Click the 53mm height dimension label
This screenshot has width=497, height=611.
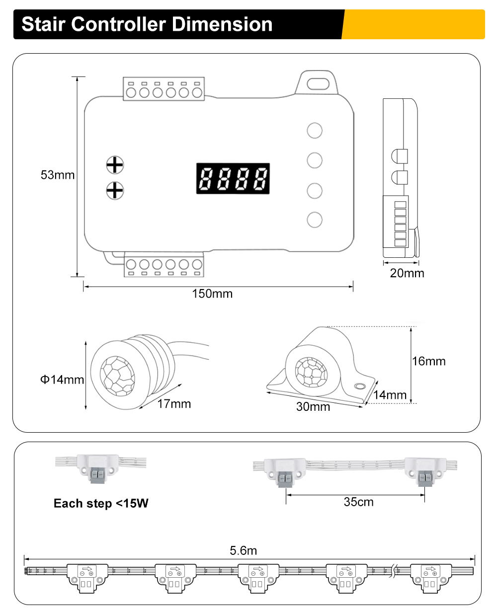pos(58,175)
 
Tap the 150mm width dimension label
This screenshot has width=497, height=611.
pos(212,294)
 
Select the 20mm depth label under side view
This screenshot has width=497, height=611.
pos(407,273)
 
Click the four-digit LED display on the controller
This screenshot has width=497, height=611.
pos(233,178)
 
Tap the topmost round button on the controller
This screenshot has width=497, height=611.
pos(315,131)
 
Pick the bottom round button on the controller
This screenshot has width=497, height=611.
pos(315,220)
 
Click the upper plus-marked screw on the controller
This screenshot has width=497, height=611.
pos(115,164)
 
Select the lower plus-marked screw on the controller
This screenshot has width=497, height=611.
pos(115,190)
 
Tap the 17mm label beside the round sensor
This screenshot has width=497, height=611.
pos(174,404)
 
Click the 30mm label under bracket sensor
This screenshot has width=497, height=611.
pos(313,407)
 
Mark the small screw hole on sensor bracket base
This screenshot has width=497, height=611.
pos(359,386)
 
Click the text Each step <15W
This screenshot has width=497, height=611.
pos(101,504)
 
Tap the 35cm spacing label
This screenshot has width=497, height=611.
pos(358,502)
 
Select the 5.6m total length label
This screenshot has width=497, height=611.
pos(244,550)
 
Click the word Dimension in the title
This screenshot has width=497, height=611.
pos(222,24)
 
